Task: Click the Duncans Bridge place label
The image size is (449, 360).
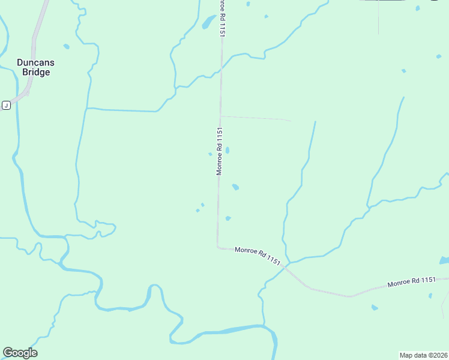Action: tap(33, 67)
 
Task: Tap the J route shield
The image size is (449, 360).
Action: tap(6, 106)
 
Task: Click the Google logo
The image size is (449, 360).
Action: tap(20, 353)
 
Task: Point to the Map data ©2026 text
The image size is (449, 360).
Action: tap(423, 355)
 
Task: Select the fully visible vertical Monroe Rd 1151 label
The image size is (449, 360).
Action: tap(220, 151)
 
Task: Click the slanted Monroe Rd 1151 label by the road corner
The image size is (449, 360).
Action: tap(258, 256)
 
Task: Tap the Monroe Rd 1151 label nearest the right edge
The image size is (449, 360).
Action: tap(411, 281)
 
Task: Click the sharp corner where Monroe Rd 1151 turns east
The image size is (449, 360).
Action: tap(218, 246)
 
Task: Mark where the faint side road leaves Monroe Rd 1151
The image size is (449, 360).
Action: tap(220, 116)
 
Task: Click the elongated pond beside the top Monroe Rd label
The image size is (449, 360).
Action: tap(208, 23)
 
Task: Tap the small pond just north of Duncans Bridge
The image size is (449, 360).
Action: tap(66, 46)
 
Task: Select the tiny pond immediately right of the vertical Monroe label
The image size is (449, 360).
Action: tap(227, 150)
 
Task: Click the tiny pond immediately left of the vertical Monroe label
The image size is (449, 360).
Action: tap(210, 154)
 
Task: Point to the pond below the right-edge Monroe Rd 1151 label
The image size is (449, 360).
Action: tap(375, 307)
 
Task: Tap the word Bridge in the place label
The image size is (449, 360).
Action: tap(36, 72)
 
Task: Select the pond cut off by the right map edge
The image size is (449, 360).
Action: tap(444, 260)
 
